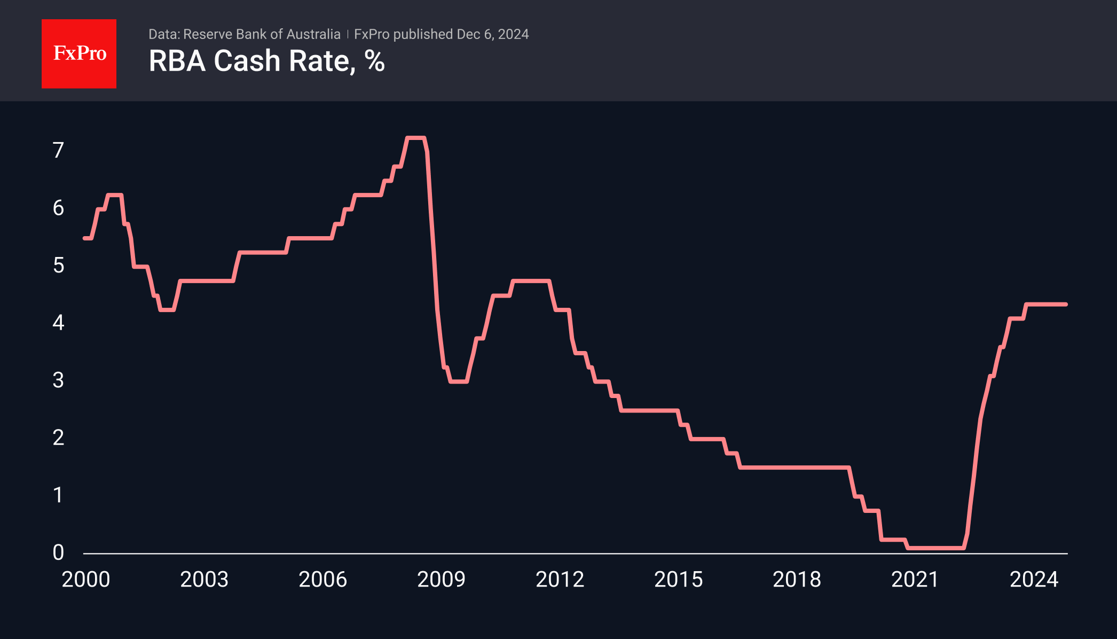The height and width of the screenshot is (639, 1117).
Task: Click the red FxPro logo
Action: click(x=79, y=53)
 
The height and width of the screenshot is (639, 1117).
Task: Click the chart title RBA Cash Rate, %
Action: click(x=266, y=61)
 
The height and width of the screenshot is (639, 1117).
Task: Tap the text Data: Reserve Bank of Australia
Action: click(x=244, y=34)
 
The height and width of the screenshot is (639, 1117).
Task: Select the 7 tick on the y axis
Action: click(x=58, y=150)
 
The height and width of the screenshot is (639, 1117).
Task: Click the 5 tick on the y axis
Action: click(x=58, y=265)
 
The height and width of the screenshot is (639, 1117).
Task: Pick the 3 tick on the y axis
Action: click(x=58, y=380)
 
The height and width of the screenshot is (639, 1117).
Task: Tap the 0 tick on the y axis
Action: click(x=58, y=552)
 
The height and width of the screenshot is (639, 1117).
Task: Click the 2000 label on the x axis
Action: click(x=85, y=579)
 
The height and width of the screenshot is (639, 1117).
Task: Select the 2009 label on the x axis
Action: click(x=441, y=579)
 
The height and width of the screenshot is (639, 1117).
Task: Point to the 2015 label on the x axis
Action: click(x=678, y=579)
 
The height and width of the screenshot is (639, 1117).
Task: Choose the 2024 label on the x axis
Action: click(x=1034, y=579)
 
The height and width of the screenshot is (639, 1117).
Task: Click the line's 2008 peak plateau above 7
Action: click(x=415, y=138)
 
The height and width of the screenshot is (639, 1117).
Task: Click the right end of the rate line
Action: click(x=1066, y=305)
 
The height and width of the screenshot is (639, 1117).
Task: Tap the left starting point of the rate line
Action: click(x=85, y=238)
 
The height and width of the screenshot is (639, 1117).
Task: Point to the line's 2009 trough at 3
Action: click(x=459, y=381)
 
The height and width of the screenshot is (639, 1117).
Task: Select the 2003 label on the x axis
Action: click(x=204, y=579)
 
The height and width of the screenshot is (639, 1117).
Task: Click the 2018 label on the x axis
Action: click(x=797, y=579)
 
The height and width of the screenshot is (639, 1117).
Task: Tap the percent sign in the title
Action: click(x=375, y=61)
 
